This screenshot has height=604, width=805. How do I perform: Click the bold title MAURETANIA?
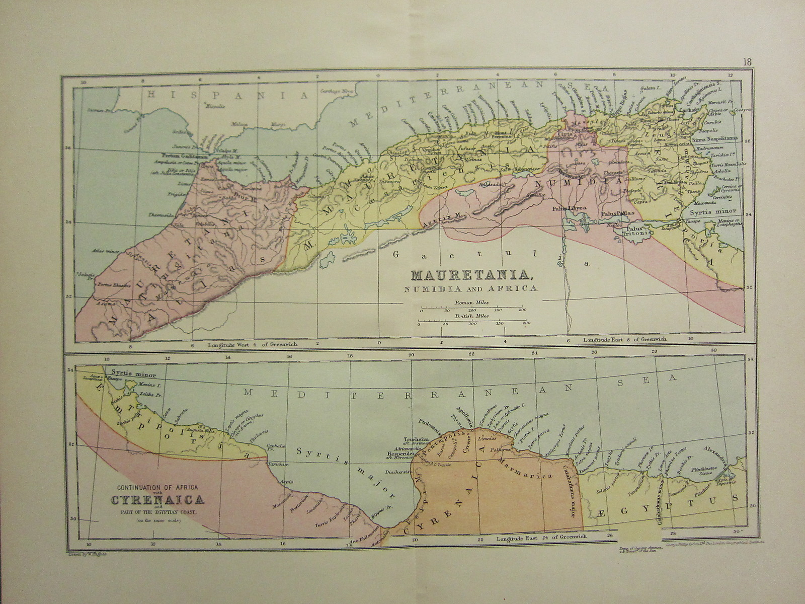(x=472, y=275)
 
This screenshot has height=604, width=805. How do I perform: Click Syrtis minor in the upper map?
(x=712, y=211)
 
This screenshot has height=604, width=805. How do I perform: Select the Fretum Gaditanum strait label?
(x=185, y=156)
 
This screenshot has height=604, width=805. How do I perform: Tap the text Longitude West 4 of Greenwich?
(x=252, y=345)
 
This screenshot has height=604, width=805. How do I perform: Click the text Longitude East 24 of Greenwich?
(x=541, y=537)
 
